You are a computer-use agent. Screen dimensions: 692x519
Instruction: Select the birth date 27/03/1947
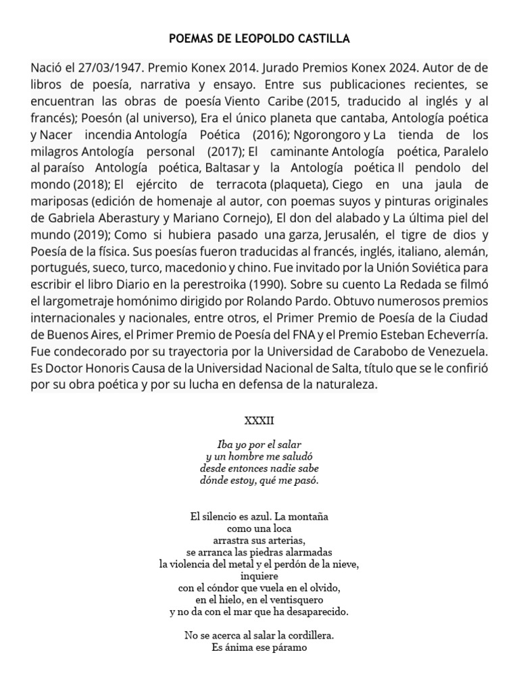(105, 69)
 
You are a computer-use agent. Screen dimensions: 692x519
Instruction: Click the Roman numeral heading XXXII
(259, 420)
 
